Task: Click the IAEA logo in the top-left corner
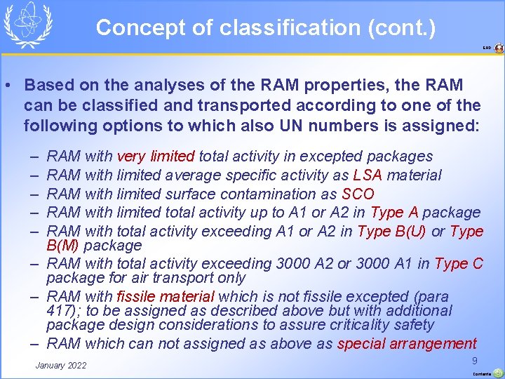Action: (x=28, y=25)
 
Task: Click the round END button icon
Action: (x=499, y=48)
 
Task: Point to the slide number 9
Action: (x=475, y=360)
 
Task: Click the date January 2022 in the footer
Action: (x=61, y=365)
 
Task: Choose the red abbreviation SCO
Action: (x=358, y=194)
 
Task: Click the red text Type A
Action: (x=394, y=212)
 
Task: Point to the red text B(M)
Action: (x=64, y=246)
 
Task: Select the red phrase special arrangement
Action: (x=407, y=343)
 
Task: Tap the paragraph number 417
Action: (x=58, y=311)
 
